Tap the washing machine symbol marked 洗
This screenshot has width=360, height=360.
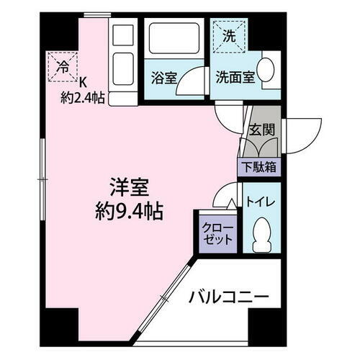[x=228, y=35]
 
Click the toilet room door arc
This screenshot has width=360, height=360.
[x=230, y=193]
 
